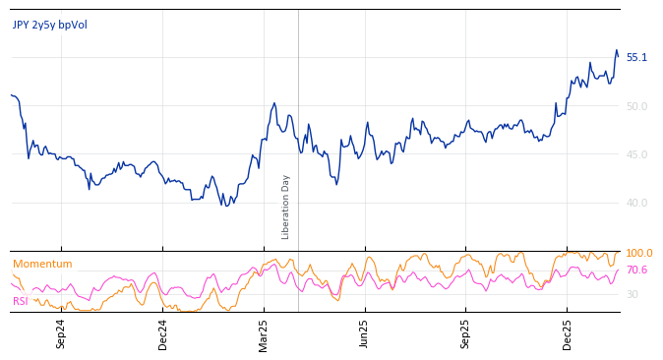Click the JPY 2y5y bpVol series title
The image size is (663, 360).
coord(49,25)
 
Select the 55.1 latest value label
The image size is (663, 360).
coord(636,58)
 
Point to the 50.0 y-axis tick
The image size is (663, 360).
coord(636,106)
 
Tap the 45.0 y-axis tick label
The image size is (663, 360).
coord(636,154)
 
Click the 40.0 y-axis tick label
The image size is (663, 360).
coord(636,203)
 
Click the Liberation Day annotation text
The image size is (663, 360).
coord(286,207)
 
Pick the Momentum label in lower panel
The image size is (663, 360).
coord(42,264)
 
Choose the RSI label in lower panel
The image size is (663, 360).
coord(21,301)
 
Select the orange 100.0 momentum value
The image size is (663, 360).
coord(638,254)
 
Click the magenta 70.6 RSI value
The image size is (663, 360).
coord(636,270)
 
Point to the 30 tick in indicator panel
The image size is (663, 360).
coord(633,294)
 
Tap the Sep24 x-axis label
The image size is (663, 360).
coord(61,333)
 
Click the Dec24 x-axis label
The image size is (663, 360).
coord(163,333)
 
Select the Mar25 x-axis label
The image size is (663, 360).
coord(264,333)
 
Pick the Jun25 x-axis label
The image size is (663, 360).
coord(365,333)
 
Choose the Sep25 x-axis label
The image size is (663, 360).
coord(466,333)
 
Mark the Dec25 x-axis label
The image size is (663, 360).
coord(568,333)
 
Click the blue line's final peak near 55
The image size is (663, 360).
coord(616,50)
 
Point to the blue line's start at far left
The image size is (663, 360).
coord(11,95)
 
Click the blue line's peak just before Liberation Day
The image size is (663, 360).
coord(274,102)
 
